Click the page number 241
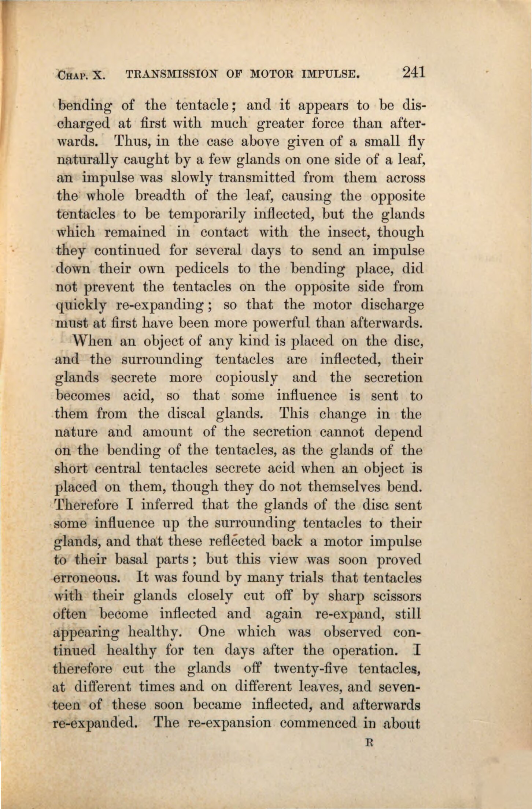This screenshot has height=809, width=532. [x=413, y=71]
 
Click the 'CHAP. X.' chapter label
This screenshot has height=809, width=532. [x=81, y=76]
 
